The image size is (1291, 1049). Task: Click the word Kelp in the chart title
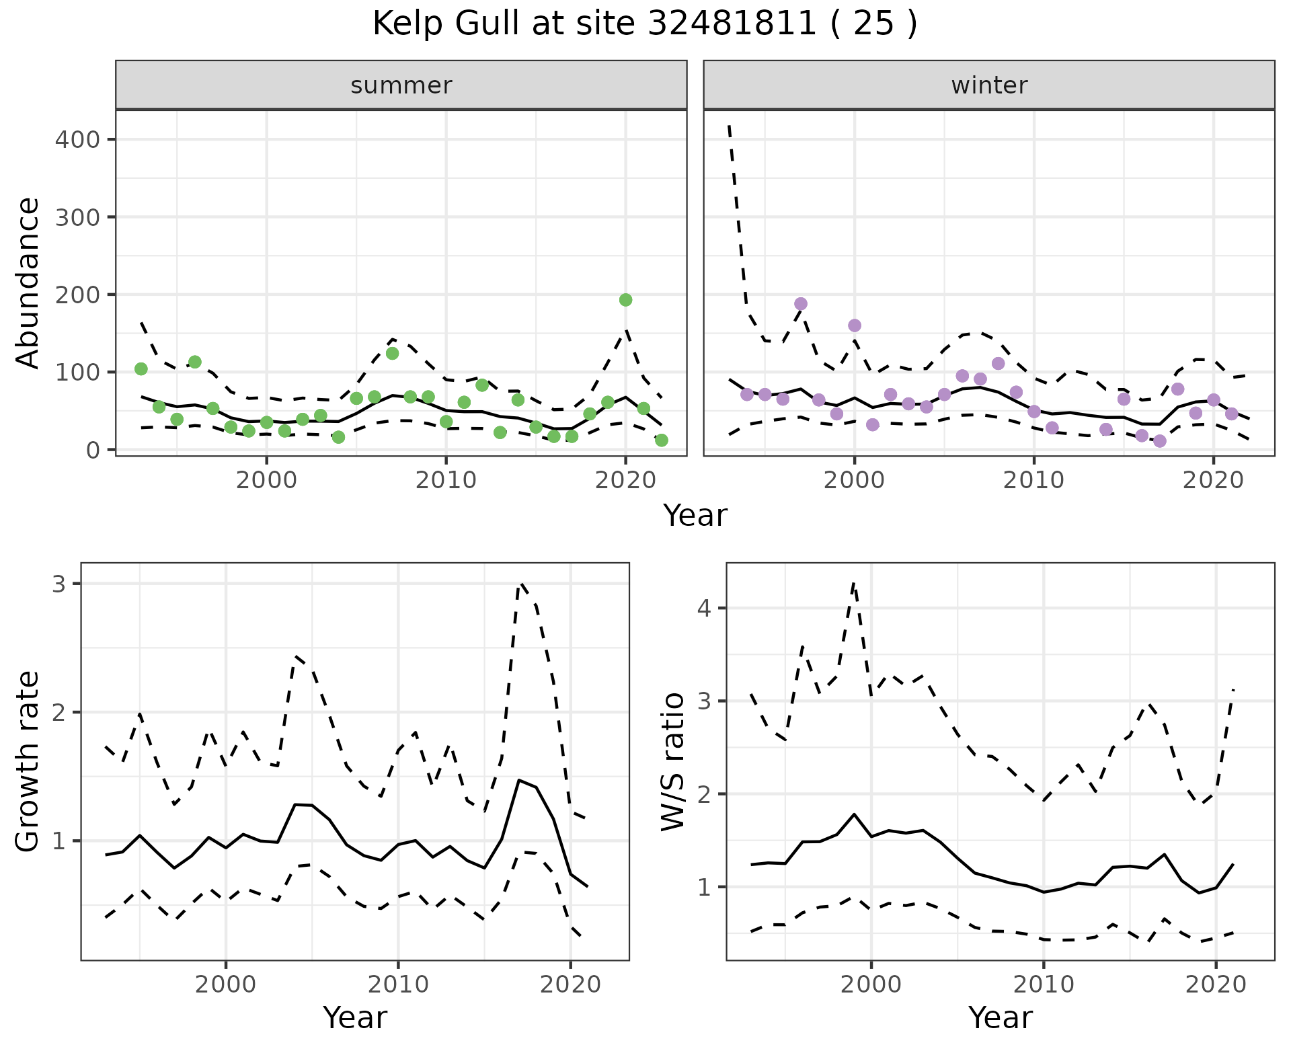(x=408, y=24)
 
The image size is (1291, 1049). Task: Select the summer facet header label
(x=401, y=85)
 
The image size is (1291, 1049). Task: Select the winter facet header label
(x=989, y=85)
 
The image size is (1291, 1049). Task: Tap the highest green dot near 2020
(x=625, y=300)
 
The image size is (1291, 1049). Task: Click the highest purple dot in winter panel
(x=800, y=304)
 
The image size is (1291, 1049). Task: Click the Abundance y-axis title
(x=28, y=283)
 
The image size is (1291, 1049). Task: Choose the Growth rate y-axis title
(x=28, y=762)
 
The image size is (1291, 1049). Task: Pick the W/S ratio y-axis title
(x=673, y=762)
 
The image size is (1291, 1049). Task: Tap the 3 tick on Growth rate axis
(x=58, y=584)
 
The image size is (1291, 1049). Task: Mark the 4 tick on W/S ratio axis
(x=704, y=609)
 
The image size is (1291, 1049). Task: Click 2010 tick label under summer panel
(x=446, y=481)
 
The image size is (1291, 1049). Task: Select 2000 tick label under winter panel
(x=854, y=481)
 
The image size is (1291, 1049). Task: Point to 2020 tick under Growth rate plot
(x=570, y=985)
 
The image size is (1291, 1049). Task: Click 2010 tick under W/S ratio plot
(x=1044, y=985)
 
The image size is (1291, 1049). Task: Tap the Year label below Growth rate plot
(x=355, y=1018)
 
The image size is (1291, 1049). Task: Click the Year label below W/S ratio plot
(x=1001, y=1018)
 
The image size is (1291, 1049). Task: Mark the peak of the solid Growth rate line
(x=518, y=780)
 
